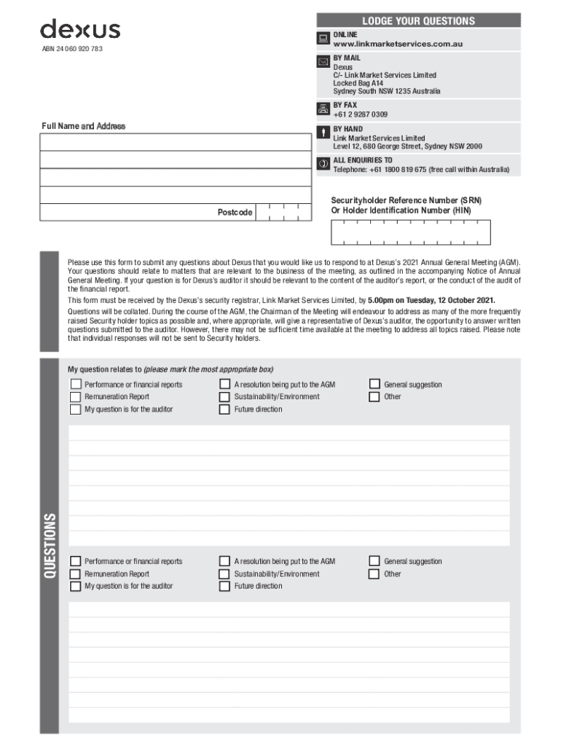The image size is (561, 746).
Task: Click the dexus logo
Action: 80,30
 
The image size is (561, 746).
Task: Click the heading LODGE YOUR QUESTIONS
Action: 418,21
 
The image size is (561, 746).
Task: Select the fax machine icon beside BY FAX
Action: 323,109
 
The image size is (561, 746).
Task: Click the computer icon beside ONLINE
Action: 323,39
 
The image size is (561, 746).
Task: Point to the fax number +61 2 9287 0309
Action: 360,114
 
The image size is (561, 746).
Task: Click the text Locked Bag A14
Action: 358,84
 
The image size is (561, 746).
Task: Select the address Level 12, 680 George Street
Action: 379,146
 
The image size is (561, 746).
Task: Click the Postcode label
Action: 235,213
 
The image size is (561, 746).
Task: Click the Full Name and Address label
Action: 83,126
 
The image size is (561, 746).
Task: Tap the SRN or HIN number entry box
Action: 411,232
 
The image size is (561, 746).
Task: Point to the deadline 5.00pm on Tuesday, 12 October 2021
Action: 431,300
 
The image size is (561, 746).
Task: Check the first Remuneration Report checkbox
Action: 75,397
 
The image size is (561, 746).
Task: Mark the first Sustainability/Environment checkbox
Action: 224,397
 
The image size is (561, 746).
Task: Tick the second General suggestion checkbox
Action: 374,561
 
